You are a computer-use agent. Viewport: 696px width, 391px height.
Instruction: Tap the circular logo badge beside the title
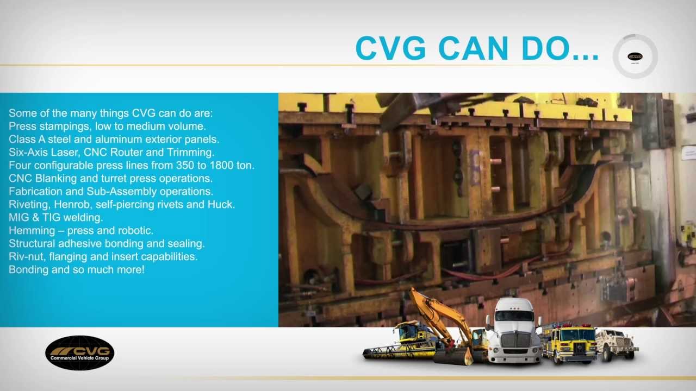pyautogui.click(x=635, y=56)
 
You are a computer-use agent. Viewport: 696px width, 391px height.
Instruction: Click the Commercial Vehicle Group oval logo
pyautogui.click(x=80, y=353)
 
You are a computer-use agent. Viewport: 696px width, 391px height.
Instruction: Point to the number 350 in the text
pyautogui.click(x=178, y=165)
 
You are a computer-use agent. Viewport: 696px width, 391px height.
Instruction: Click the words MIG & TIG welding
pyautogui.click(x=55, y=217)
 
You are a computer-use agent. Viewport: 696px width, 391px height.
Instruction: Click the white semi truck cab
pyautogui.click(x=514, y=331)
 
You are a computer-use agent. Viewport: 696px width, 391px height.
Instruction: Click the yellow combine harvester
pyautogui.click(x=402, y=342)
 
